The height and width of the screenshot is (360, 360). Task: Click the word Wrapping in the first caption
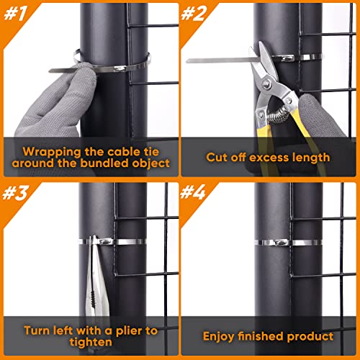45,152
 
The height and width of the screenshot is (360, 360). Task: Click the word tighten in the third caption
89,342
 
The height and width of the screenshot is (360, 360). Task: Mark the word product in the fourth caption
312,336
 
